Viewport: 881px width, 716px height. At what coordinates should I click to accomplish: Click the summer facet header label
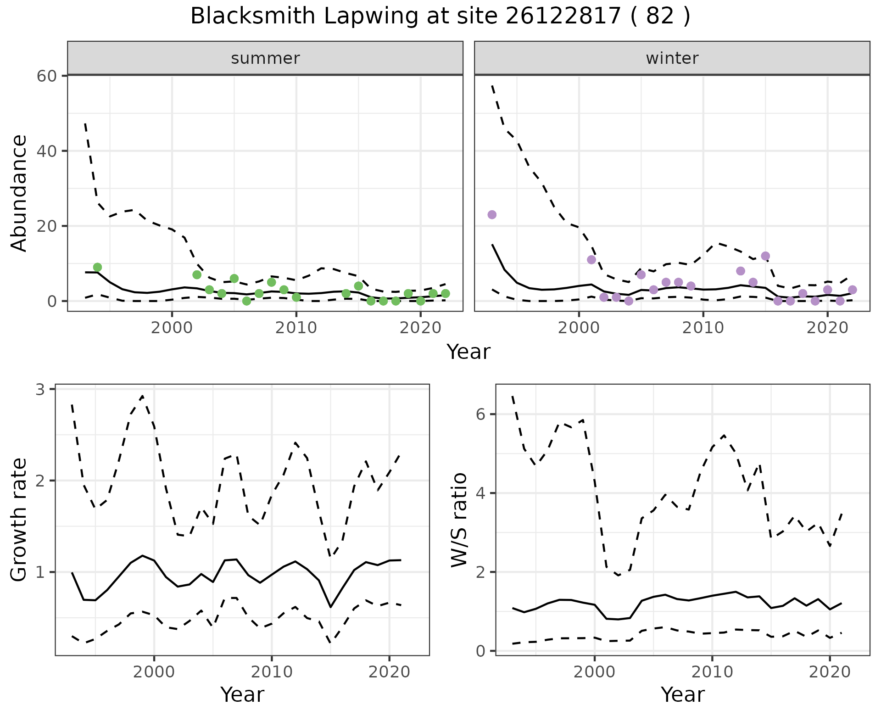(265, 58)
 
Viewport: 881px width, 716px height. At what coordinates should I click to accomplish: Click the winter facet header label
(672, 58)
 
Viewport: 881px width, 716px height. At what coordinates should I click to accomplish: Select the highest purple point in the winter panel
(492, 215)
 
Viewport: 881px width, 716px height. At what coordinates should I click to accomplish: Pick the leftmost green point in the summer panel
(97, 267)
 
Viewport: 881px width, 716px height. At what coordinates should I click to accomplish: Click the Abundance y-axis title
(19, 193)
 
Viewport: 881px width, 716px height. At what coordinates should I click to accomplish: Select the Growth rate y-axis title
(19, 520)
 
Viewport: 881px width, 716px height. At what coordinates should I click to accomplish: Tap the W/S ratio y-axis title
(459, 520)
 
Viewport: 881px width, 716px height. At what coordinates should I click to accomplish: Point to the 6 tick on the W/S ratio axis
(480, 414)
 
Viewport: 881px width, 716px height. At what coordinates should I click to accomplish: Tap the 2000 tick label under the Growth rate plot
(154, 672)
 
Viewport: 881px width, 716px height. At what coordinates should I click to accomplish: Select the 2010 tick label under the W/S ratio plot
(712, 672)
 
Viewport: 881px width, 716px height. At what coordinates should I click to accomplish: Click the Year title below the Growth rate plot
(242, 694)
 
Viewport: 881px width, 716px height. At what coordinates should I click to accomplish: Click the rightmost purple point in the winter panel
(852, 290)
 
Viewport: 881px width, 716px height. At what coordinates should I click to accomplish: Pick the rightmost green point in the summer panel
(445, 293)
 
